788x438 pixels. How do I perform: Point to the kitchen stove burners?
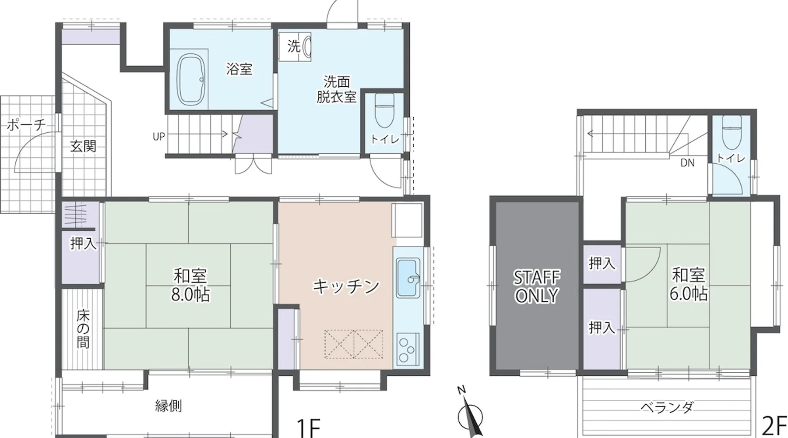[408, 349]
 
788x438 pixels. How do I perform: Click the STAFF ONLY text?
[537, 287]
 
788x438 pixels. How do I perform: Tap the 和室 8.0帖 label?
[190, 285]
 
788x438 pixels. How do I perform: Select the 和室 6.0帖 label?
[688, 284]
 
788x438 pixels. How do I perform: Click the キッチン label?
[346, 286]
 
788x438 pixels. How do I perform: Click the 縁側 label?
[169, 406]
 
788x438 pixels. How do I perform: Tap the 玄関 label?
[83, 146]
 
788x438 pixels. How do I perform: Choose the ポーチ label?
[26, 125]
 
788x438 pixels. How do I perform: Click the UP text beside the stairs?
[159, 137]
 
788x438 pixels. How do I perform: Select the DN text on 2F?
[687, 163]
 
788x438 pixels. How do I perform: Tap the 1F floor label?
[309, 427]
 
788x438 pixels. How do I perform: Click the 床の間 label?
[83, 328]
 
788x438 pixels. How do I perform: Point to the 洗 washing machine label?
[294, 46]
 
